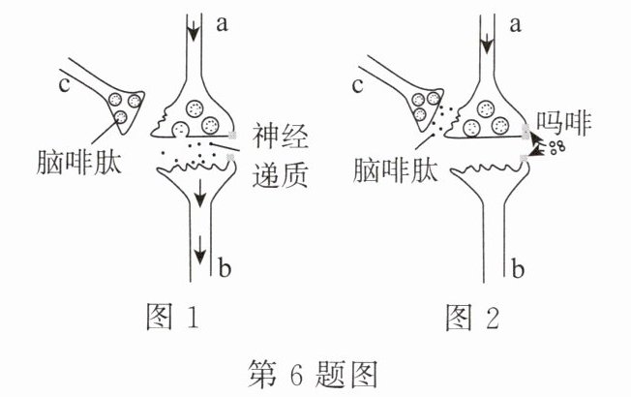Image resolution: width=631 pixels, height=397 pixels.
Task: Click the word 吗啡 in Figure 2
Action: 570,121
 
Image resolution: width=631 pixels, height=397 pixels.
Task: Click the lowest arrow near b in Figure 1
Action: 198,254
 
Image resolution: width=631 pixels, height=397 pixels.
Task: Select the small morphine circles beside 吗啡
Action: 556,147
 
